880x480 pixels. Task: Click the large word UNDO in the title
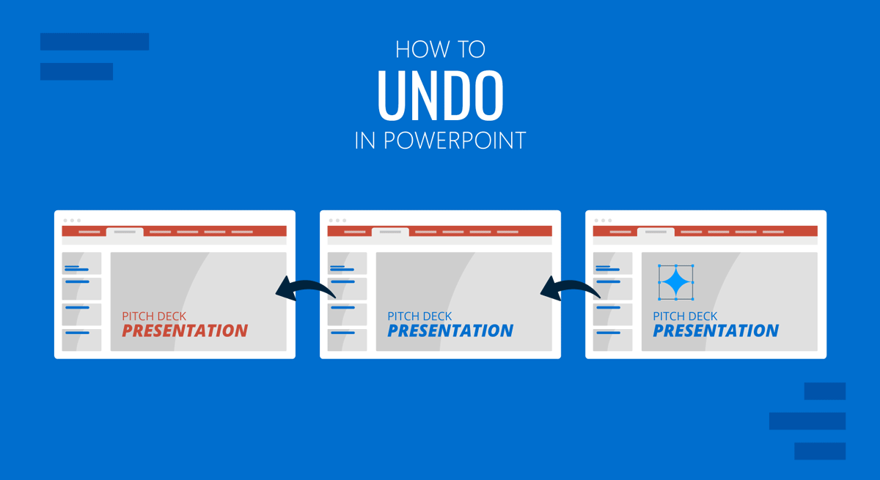click(441, 95)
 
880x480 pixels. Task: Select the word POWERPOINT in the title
click(455, 141)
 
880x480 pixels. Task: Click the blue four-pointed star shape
click(675, 282)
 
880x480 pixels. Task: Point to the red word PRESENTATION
click(185, 331)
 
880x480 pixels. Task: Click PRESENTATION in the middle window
click(450, 331)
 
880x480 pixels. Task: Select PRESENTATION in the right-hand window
click(716, 331)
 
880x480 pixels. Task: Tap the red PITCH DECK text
click(154, 316)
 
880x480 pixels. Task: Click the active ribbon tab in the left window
click(125, 232)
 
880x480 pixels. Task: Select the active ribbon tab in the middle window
click(390, 232)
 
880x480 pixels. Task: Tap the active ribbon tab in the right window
click(656, 232)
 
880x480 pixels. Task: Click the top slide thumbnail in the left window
click(81, 263)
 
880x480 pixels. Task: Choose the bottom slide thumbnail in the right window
click(613, 340)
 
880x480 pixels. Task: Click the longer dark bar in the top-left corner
click(95, 42)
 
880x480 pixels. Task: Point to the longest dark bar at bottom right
click(807, 421)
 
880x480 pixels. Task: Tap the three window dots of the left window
click(72, 221)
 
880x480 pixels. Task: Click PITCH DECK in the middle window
click(419, 316)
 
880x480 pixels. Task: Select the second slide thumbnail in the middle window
click(348, 289)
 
